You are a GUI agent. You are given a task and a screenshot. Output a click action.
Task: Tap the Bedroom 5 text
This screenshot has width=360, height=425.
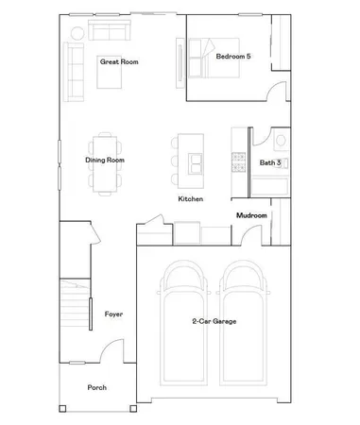click(232, 57)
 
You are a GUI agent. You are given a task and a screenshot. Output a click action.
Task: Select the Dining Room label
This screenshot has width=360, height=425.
click(105, 161)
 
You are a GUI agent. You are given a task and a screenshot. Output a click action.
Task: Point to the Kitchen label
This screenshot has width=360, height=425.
click(192, 199)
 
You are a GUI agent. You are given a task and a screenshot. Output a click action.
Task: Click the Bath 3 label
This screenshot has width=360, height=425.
click(270, 162)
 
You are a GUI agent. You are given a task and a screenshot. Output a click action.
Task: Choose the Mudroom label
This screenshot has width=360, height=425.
click(251, 215)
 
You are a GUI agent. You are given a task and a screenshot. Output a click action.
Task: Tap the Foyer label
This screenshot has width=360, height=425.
click(113, 314)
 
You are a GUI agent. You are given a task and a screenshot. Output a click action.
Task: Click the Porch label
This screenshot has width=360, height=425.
click(96, 387)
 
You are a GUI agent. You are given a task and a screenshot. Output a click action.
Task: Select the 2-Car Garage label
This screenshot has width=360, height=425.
click(214, 322)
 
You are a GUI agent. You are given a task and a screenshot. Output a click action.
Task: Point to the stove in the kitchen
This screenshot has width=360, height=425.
click(238, 161)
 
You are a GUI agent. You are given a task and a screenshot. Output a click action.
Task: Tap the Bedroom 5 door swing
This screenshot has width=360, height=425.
click(274, 92)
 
